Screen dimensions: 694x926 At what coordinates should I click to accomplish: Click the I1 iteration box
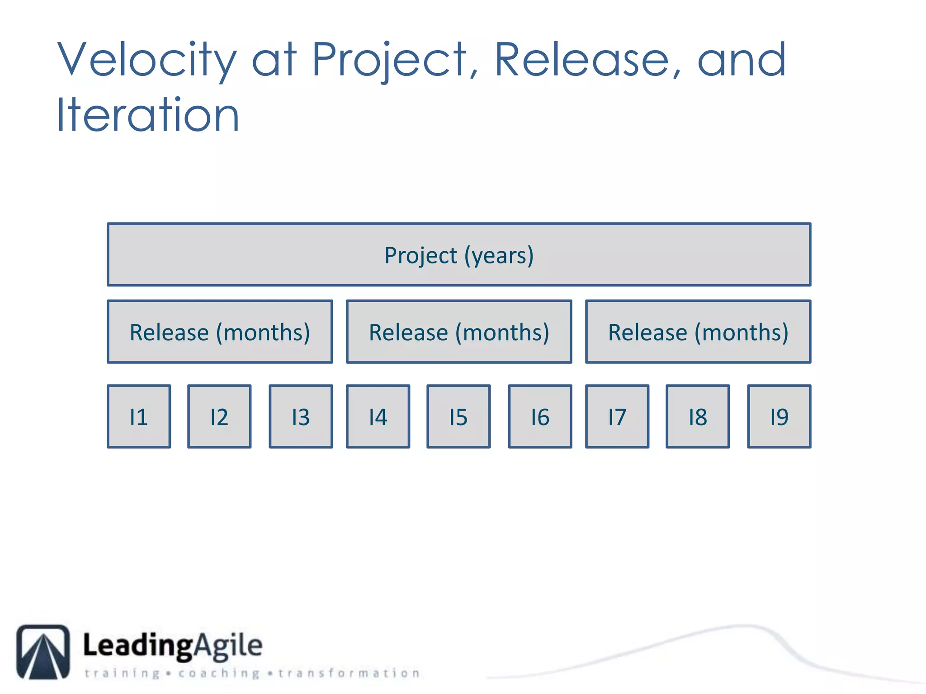pos(139,416)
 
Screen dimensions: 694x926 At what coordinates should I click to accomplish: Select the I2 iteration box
pos(219,416)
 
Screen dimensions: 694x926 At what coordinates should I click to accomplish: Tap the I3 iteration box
pos(301,416)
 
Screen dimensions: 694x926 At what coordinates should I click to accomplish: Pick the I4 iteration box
pos(378,416)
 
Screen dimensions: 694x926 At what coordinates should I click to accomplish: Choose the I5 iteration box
pos(458,416)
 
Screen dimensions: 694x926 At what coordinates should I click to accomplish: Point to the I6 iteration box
pos(540,416)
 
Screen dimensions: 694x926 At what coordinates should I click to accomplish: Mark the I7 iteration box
pos(617,416)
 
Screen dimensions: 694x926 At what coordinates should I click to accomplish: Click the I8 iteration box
pos(698,416)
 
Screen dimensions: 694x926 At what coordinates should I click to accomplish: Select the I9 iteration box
pos(779,416)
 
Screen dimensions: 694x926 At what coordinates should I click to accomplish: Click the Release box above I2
pos(220,332)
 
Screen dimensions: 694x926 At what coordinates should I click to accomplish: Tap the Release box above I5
pos(459,332)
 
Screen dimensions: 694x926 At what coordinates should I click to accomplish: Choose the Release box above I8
pos(698,332)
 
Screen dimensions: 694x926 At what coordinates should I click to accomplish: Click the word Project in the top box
pos(420,256)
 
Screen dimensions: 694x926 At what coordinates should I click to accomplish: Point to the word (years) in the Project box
pos(499,256)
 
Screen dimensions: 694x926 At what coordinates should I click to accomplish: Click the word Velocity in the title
pos(147,60)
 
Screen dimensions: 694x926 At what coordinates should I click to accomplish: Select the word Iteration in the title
pos(147,115)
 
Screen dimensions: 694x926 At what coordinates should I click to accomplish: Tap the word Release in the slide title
pos(582,60)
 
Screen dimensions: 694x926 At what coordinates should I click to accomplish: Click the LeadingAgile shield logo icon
pos(43,652)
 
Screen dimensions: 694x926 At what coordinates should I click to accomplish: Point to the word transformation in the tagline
pos(349,673)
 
